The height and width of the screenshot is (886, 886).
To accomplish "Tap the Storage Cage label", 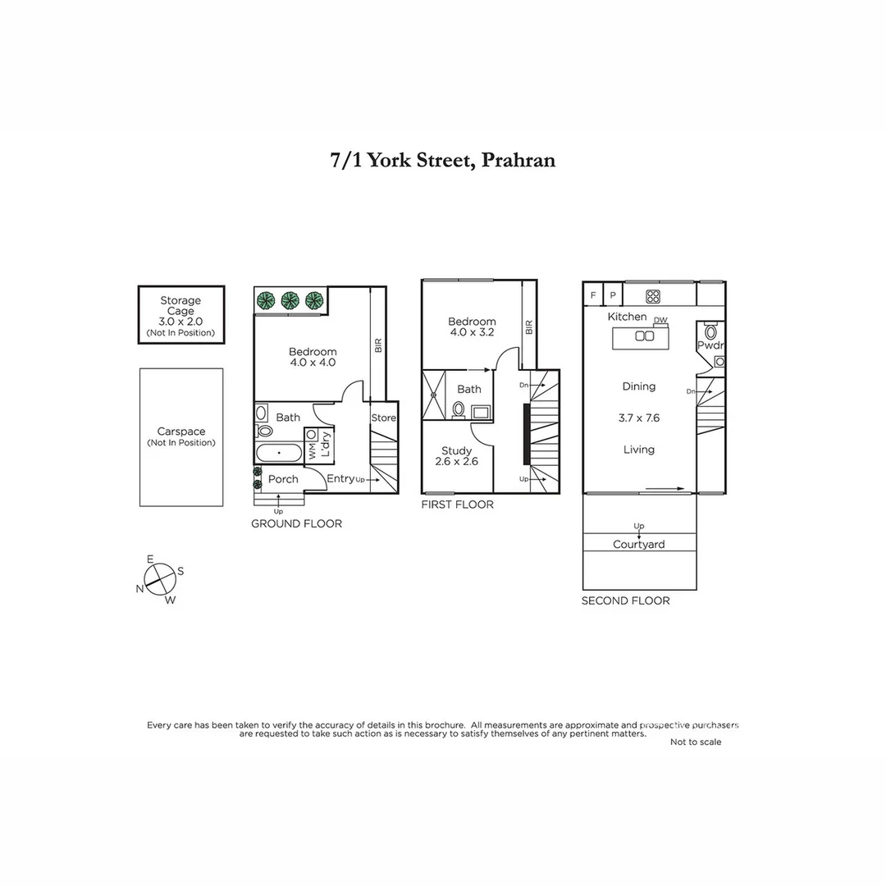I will click(180, 306).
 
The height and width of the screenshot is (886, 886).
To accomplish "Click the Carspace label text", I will click(181, 432).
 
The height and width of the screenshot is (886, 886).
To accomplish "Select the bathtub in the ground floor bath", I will click(279, 453).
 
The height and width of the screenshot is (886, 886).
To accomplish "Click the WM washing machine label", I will click(312, 450).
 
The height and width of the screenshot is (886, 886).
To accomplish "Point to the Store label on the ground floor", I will click(383, 418).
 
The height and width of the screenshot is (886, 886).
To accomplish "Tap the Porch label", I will click(283, 479).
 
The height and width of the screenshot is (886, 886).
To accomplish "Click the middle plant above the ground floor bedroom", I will click(290, 300).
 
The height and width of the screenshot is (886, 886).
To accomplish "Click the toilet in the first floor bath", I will click(459, 408).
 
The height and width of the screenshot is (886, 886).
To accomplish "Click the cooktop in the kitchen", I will click(653, 296).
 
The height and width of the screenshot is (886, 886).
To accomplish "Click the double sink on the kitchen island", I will click(644, 336).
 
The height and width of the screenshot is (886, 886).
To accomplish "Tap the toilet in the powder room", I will click(710, 333).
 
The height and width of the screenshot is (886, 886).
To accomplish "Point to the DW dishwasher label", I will click(660, 320).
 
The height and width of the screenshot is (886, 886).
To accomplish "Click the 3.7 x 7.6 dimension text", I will click(639, 418).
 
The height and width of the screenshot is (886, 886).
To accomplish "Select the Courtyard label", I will click(639, 544).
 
